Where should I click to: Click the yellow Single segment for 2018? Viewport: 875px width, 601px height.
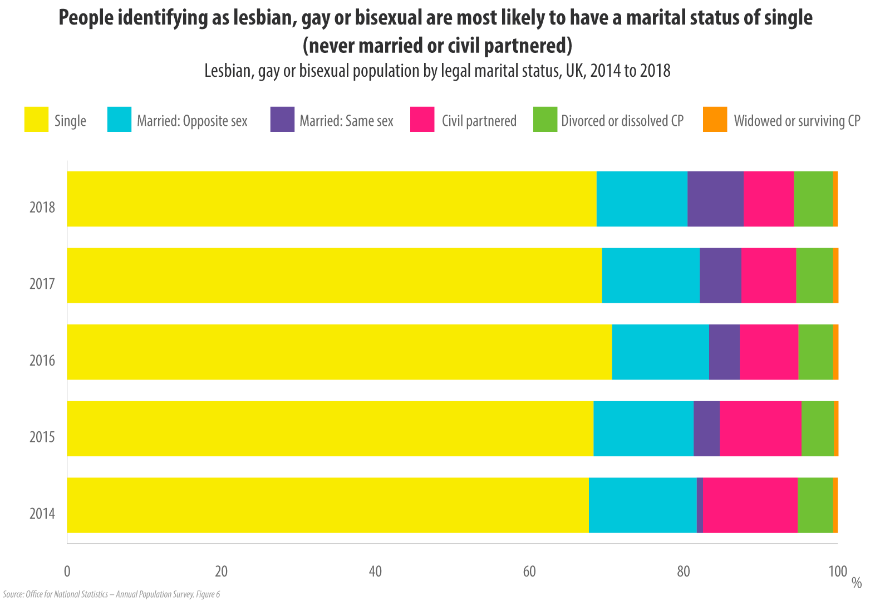coord(332,199)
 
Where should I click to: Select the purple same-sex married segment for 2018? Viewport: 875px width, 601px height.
coord(715,199)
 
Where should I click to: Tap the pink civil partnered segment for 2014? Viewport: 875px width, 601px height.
coord(750,505)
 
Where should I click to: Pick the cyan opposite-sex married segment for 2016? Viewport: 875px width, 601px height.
coord(660,352)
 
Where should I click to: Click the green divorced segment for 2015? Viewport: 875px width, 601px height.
coord(818,428)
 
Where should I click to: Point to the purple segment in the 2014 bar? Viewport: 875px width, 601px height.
coord(700,505)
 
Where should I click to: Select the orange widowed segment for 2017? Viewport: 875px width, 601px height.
coord(835,275)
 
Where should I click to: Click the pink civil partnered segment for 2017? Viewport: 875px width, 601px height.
coord(769,275)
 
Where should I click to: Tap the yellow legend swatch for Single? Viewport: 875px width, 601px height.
coord(36,120)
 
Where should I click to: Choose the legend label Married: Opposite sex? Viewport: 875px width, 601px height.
coord(192,121)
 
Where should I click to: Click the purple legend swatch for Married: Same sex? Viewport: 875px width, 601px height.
coord(282,120)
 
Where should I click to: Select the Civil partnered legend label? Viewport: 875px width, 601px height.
coord(479,121)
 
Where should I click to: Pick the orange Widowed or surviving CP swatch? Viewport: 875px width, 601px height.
coord(715,120)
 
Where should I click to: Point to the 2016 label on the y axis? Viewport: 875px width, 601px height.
coord(42,361)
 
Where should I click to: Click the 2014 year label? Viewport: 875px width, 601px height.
coord(42,513)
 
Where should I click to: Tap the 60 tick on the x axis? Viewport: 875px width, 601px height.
coord(529,572)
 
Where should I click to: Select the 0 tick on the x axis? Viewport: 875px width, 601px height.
coord(67,572)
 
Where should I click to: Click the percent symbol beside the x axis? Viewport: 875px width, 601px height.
coord(857,583)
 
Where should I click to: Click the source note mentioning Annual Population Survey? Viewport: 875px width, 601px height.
coord(111,594)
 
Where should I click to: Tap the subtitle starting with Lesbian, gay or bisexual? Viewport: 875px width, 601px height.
coord(438,71)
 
